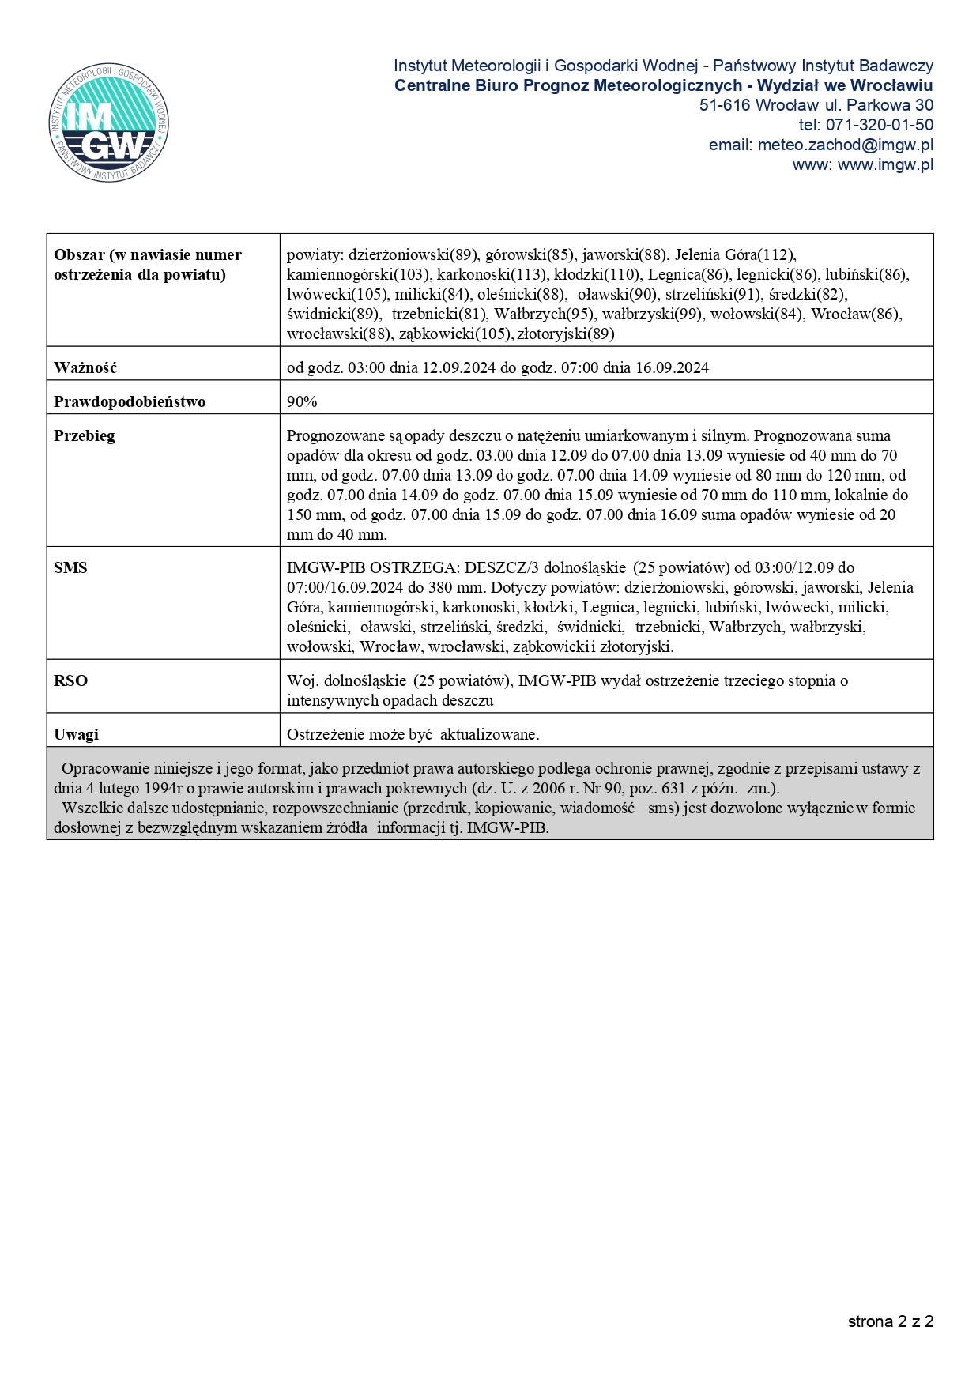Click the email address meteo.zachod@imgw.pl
tap(845, 145)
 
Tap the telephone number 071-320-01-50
tap(879, 125)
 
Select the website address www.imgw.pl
tap(885, 164)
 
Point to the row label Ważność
tap(85, 367)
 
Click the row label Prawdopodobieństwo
tap(130, 401)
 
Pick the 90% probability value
tap(302, 401)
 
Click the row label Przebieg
tap(84, 435)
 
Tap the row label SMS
tap(70, 567)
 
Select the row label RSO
tap(70, 680)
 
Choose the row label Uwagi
tap(76, 734)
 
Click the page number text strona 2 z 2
tap(891, 1321)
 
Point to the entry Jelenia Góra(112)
tap(735, 254)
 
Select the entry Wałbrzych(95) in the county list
tap(545, 314)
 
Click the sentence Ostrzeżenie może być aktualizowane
tap(413, 734)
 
